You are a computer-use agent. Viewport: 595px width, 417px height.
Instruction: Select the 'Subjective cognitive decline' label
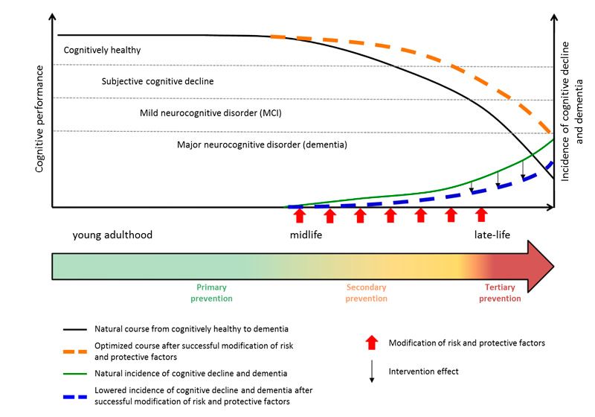(158, 80)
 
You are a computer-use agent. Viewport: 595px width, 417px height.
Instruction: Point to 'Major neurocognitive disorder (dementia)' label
(262, 144)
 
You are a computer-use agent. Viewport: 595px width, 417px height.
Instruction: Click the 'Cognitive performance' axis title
(40, 119)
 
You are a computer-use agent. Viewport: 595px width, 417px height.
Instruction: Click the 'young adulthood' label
(112, 235)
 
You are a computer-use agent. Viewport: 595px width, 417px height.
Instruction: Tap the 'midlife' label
(306, 235)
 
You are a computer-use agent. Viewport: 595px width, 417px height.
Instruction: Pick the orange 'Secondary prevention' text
(367, 293)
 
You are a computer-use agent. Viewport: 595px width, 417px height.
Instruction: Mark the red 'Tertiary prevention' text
(500, 293)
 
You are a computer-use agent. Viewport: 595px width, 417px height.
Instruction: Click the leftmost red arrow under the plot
(300, 215)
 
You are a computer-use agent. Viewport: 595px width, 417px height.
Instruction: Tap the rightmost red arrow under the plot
(481, 215)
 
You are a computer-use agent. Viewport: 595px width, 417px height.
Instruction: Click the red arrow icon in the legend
(372, 342)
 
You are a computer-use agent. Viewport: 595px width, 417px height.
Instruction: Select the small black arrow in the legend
(372, 375)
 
